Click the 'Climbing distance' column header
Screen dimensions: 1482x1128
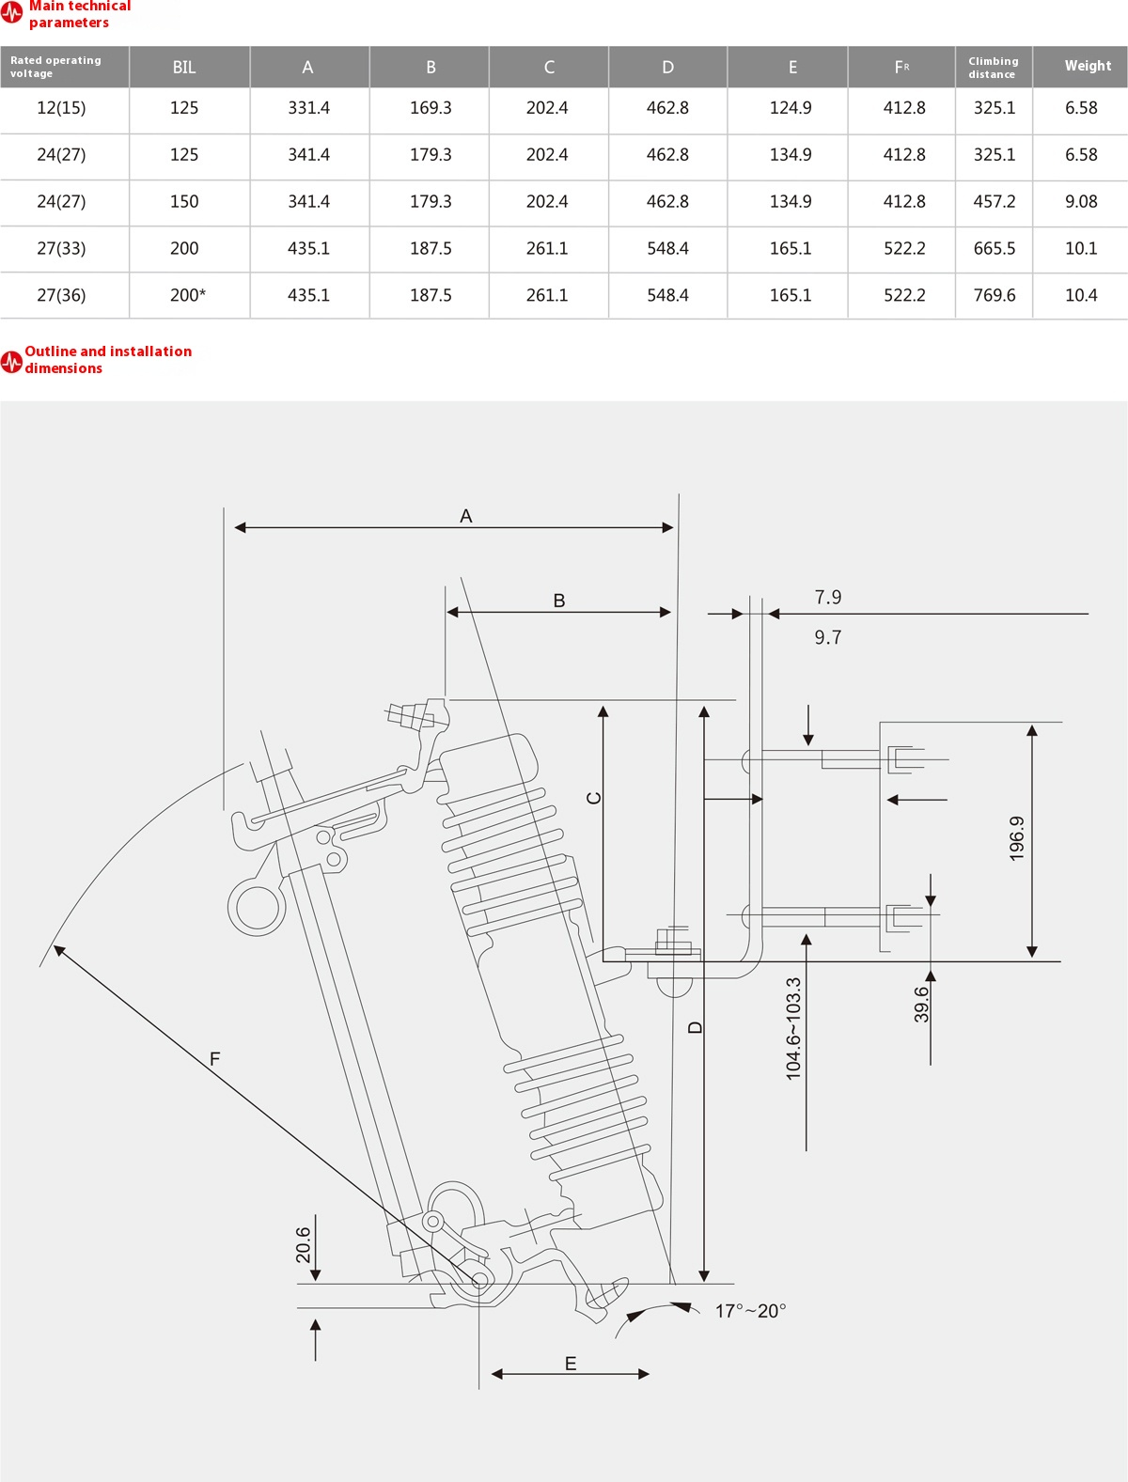click(x=994, y=68)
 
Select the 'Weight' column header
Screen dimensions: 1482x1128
click(x=1088, y=66)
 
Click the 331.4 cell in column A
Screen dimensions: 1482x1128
click(x=308, y=108)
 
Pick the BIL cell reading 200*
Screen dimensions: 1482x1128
click(x=187, y=295)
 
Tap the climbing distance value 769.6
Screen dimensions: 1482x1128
click(x=995, y=295)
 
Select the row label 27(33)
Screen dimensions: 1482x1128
click(x=61, y=248)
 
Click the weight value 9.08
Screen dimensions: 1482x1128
click(x=1081, y=201)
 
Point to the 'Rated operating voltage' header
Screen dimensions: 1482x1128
click(x=55, y=67)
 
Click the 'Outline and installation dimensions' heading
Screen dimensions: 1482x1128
click(x=107, y=359)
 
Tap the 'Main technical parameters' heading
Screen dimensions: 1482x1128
click(x=79, y=14)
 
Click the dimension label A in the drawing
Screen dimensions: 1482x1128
click(x=466, y=516)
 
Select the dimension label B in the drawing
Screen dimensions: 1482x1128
click(x=559, y=601)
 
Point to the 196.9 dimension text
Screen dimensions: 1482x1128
click(x=1017, y=838)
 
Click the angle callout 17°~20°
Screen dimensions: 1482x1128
click(x=750, y=1311)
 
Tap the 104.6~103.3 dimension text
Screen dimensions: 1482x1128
click(x=794, y=1028)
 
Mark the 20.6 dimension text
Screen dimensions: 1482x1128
click(x=304, y=1244)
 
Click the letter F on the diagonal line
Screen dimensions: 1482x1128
click(x=214, y=1059)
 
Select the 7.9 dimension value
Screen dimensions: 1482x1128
click(x=828, y=598)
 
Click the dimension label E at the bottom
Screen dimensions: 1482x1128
click(x=571, y=1364)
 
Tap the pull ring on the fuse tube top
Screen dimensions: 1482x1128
click(x=256, y=907)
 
